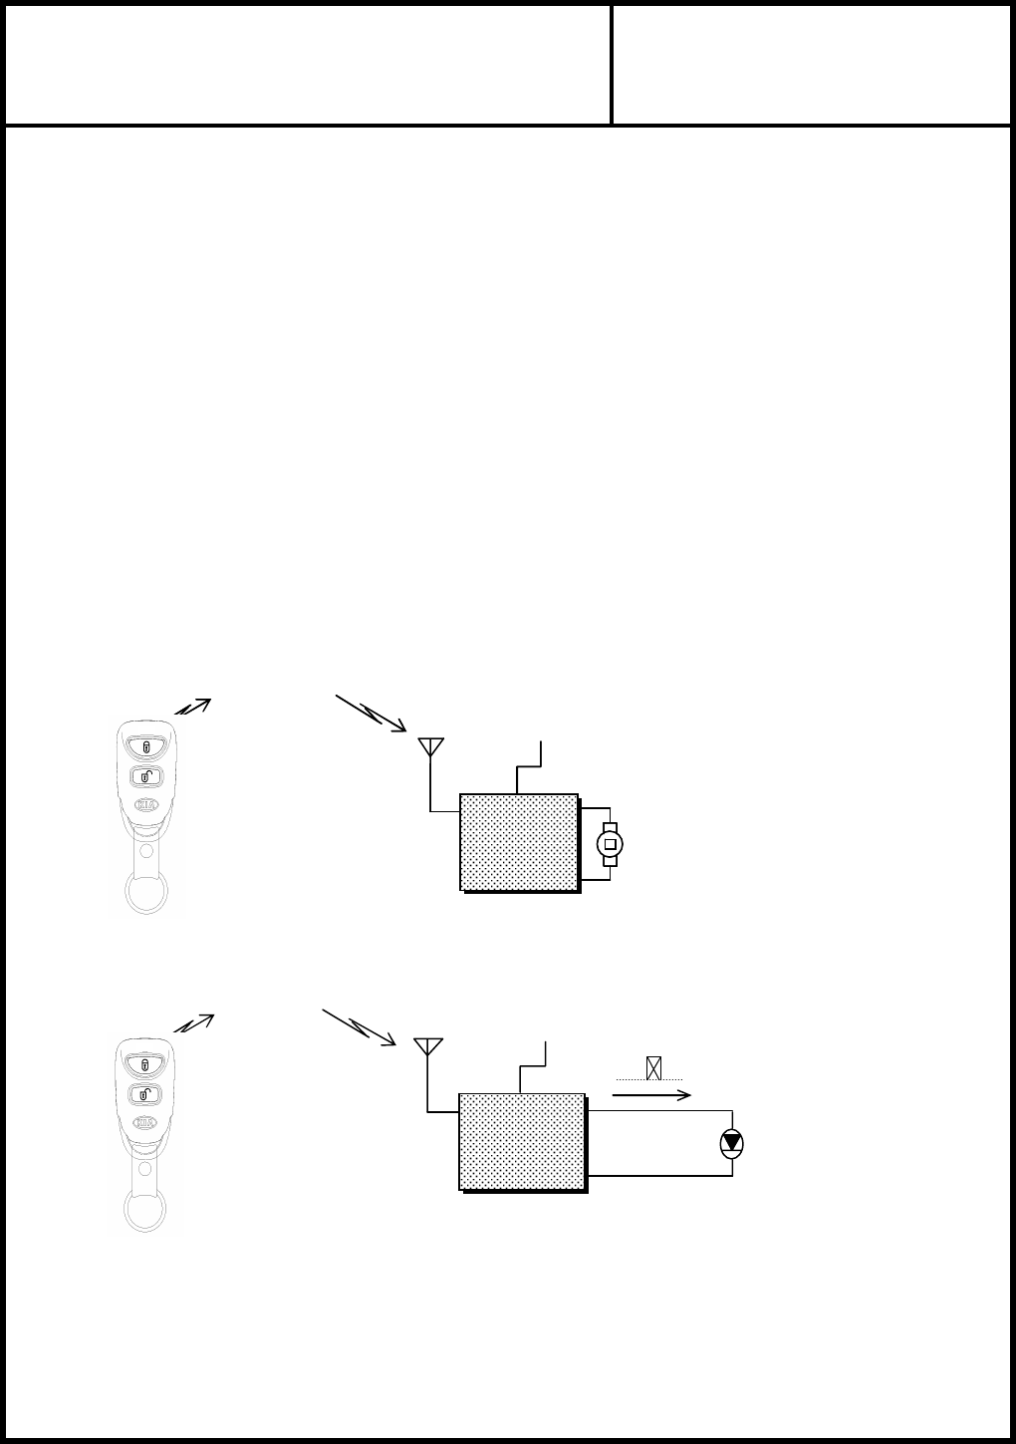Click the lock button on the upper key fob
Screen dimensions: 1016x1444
145,746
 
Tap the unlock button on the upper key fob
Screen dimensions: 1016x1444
145,776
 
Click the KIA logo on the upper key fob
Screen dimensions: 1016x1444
145,805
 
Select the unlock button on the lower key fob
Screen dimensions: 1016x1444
145,1094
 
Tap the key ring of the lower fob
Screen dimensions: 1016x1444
146,1208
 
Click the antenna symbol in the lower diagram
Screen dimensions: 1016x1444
427,1046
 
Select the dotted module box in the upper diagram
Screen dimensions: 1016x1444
519,842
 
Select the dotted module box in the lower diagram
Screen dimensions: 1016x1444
522,1141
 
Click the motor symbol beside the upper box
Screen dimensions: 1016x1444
611,844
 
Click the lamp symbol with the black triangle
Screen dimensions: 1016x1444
732,1143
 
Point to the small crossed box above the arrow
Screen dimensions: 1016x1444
653,1068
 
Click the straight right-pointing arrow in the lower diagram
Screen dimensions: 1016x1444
651,1094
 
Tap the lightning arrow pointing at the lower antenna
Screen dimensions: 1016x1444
359,1026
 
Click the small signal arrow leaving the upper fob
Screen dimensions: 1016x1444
193,706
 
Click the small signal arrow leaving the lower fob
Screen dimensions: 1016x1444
193,1022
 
